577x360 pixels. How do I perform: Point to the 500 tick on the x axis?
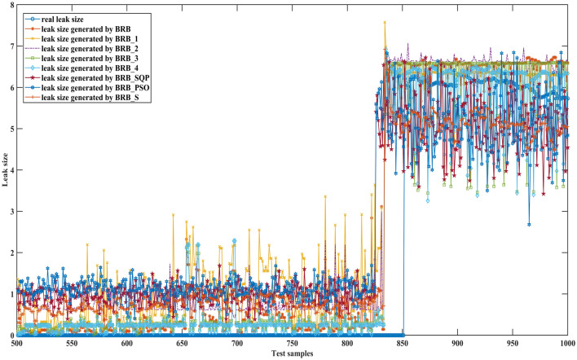[x=17, y=344]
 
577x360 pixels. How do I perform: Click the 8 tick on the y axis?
[x=10, y=7]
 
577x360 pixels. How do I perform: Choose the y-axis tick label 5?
[x=10, y=130]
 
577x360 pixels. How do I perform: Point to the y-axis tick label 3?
[x=10, y=212]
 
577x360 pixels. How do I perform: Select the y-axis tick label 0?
[x=10, y=335]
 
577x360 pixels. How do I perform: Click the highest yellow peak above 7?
[x=385, y=23]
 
